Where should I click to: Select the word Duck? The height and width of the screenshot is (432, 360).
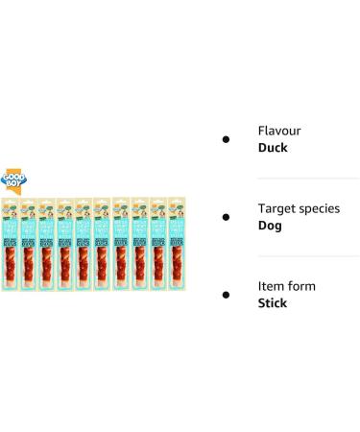point(274,149)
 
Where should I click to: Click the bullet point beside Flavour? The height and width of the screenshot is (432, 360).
point(226,140)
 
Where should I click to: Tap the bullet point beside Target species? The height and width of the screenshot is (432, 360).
point(226,218)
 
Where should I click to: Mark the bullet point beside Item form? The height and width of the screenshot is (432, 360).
point(226,296)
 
